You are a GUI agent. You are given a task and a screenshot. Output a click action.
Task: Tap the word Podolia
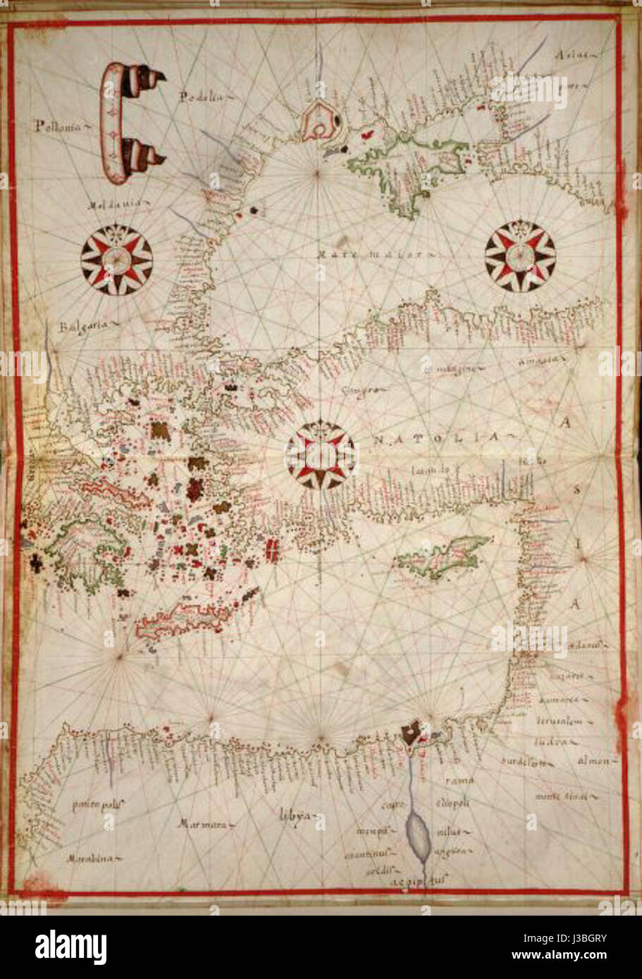[200, 97]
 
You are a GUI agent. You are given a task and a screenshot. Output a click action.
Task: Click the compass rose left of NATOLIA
[321, 455]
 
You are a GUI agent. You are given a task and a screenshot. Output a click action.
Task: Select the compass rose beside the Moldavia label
[116, 259]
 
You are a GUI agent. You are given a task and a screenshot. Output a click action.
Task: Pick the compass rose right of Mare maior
[520, 256]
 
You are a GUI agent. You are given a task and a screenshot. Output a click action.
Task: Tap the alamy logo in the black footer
[70, 947]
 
